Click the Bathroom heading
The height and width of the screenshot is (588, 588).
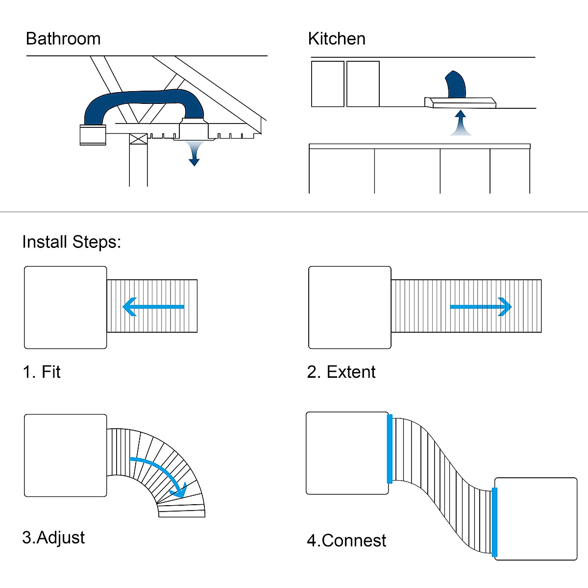(x=63, y=39)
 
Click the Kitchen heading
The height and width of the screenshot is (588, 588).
(x=337, y=39)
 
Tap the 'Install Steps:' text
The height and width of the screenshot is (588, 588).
(x=72, y=242)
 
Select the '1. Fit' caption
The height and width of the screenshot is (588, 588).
(x=42, y=372)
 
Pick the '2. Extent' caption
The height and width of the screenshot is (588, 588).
(x=341, y=372)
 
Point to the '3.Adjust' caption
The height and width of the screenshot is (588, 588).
(x=53, y=538)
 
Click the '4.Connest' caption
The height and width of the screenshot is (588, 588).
(x=346, y=540)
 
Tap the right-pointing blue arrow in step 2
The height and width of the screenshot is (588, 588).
(x=481, y=307)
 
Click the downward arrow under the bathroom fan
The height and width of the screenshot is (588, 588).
(x=195, y=153)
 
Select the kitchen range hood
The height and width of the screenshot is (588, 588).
(x=461, y=102)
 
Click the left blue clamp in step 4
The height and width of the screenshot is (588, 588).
(x=390, y=449)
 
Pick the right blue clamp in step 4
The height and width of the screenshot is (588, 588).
(x=494, y=522)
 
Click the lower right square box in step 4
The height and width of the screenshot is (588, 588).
(x=536, y=518)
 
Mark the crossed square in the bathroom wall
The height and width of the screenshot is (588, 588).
(x=138, y=139)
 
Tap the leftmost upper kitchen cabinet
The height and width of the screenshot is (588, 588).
(x=328, y=84)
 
